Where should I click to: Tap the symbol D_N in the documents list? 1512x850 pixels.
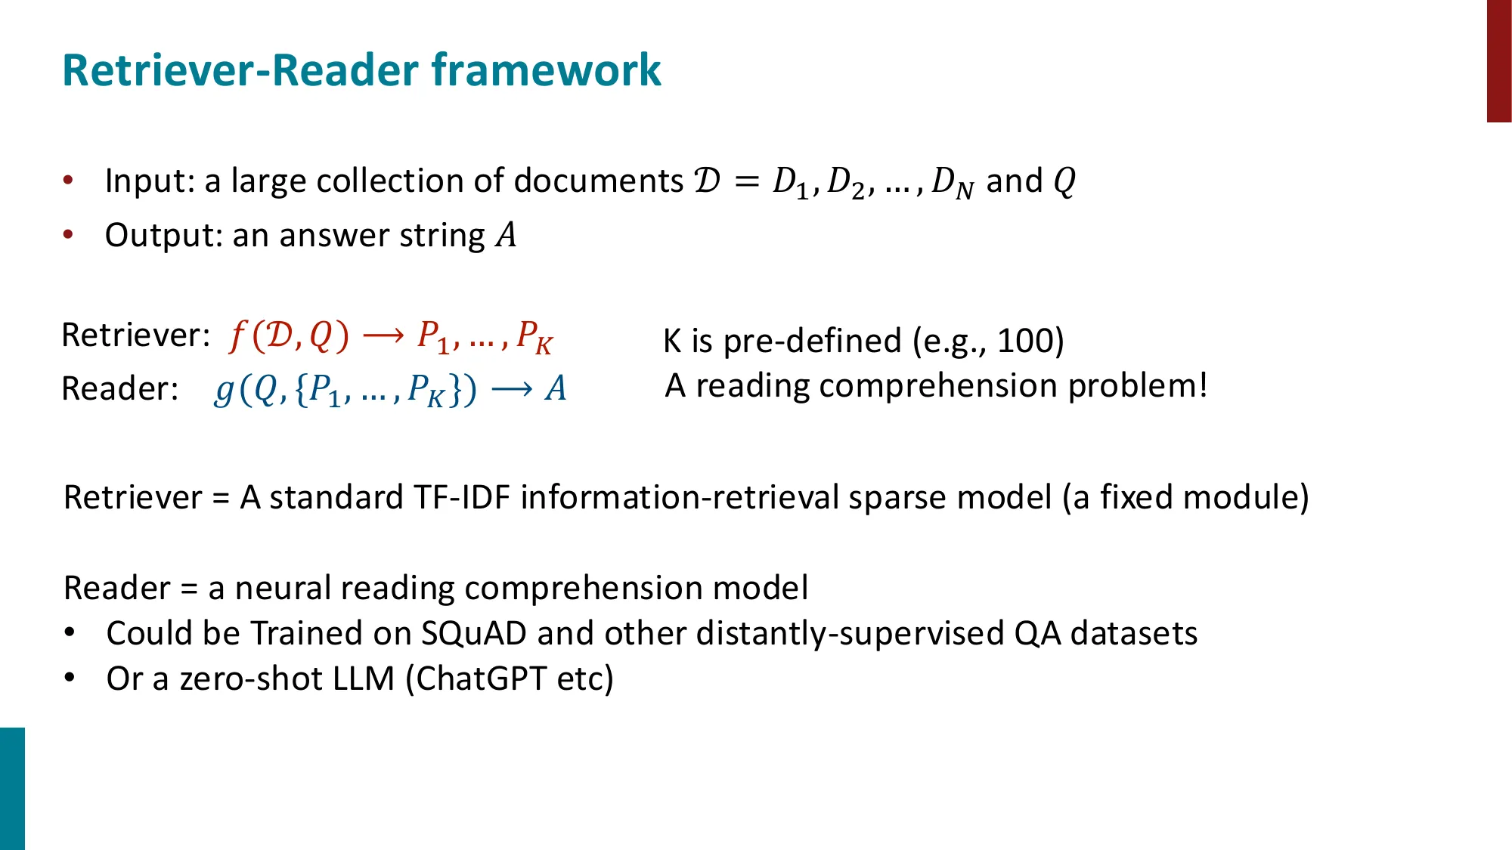click(952, 183)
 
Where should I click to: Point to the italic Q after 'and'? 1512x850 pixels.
click(1064, 181)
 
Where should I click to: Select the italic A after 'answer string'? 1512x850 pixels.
click(506, 235)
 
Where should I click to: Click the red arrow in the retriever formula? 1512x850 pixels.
click(383, 335)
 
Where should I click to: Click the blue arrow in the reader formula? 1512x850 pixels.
click(512, 389)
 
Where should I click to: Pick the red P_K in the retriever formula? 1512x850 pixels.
click(534, 337)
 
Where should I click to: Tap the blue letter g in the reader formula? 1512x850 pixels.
click(224, 390)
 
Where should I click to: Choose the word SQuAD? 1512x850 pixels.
click(473, 633)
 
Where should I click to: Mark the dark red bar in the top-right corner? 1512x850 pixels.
click(1498, 60)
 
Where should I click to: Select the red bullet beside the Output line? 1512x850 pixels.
click(69, 235)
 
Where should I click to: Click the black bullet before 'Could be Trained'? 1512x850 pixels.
click(70, 632)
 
